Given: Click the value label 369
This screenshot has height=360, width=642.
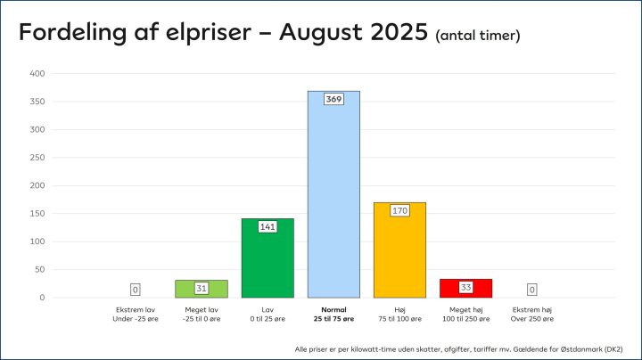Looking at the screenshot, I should coord(333,99).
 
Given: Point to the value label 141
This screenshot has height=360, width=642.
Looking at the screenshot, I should coord(267,226).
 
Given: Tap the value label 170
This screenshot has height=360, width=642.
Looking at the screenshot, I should coord(399,210).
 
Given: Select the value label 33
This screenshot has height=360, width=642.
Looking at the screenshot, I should coord(465,288).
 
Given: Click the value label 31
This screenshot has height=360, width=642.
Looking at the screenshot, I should coord(202,289).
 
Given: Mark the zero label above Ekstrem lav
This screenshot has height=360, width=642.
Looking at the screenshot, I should coord(136,290).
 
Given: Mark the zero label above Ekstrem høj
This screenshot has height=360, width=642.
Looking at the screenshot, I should coord(531,290).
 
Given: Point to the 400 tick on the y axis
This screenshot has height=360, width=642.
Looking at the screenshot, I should coord(37,74).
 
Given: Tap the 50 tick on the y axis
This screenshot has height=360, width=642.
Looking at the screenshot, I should coord(39,270).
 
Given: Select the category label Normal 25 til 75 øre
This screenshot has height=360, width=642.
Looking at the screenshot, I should coord(333,314).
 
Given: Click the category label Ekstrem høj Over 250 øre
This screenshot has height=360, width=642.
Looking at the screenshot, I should coord(531,314).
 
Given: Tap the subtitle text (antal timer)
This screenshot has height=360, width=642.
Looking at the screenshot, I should coord(478,36).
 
